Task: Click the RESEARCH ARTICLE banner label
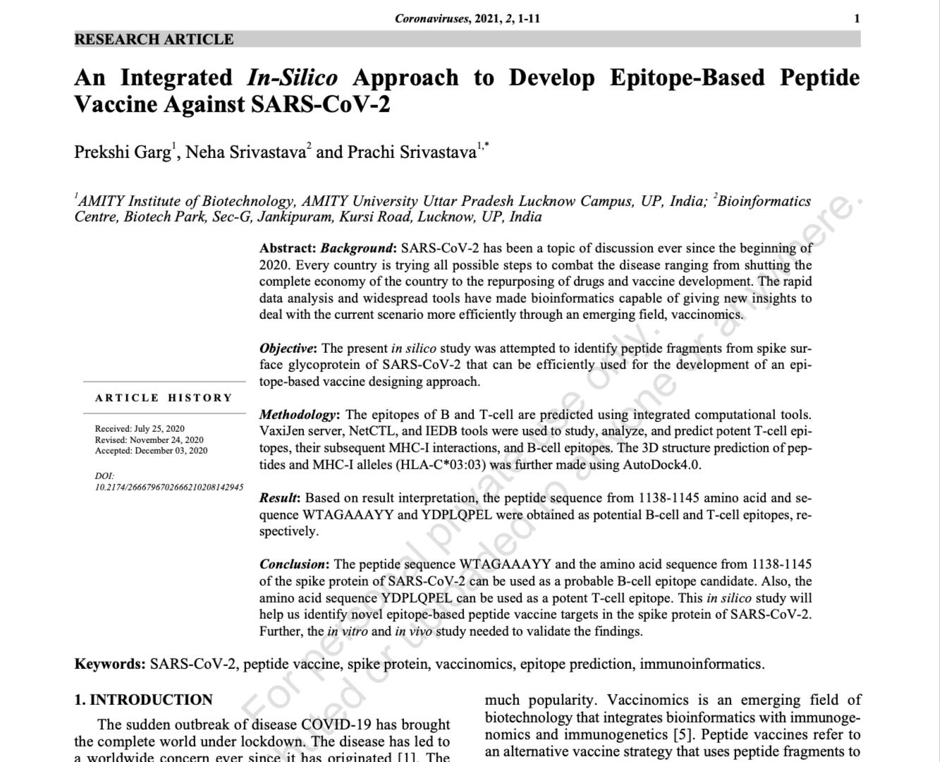154,40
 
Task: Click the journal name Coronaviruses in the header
431,18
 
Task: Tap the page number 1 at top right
857,18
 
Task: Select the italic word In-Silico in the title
292,78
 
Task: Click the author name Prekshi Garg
123,152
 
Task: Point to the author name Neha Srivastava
245,152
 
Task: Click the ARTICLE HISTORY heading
164,398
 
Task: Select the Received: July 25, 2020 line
140,428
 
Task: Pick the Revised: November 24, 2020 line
149,440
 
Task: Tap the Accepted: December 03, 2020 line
151,450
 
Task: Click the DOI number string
169,487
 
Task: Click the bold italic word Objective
288,349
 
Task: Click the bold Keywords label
109,664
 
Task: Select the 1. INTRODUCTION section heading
143,700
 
